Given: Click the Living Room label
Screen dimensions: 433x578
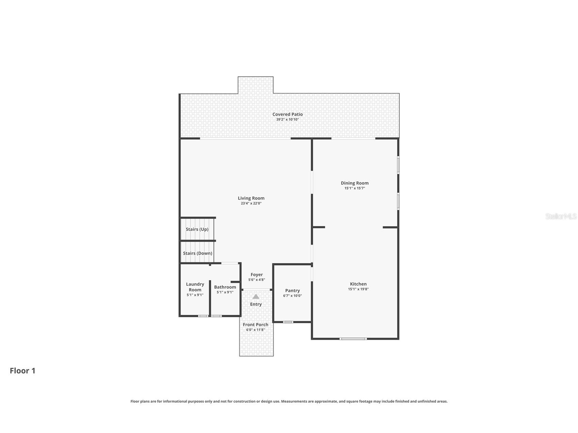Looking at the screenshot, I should (251, 198).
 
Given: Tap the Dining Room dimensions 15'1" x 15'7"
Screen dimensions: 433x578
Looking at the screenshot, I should (355, 188).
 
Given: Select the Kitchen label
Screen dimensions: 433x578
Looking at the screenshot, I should (358, 284).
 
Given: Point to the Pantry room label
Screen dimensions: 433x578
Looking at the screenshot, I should (292, 290).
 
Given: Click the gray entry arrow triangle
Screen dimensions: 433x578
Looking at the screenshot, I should (256, 296).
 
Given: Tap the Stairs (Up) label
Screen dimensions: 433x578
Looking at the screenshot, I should (197, 229).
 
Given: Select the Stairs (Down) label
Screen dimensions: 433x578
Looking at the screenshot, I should (197, 253).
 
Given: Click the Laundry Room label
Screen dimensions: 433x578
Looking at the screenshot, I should (195, 287).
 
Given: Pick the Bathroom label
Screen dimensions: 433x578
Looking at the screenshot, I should (225, 287).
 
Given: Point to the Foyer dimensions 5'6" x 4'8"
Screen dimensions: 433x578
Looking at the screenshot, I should (256, 280).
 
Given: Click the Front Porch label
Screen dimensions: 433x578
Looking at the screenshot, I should (255, 324).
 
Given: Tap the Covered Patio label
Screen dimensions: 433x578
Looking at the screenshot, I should (287, 114).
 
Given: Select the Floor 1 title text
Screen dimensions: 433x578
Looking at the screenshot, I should (22, 371).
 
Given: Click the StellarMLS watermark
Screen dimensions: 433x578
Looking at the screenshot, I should (561, 216).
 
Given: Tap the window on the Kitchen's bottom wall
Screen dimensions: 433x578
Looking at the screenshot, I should (353, 339).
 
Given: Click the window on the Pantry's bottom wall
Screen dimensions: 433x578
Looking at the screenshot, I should (288, 322).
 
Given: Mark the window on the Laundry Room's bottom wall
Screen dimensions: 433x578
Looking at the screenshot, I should (203, 316).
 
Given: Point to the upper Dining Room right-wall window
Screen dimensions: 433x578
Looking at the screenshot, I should (398, 165).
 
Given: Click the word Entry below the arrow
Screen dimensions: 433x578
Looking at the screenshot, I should (256, 304).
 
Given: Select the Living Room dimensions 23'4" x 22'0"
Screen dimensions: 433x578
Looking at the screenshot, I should (251, 204).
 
